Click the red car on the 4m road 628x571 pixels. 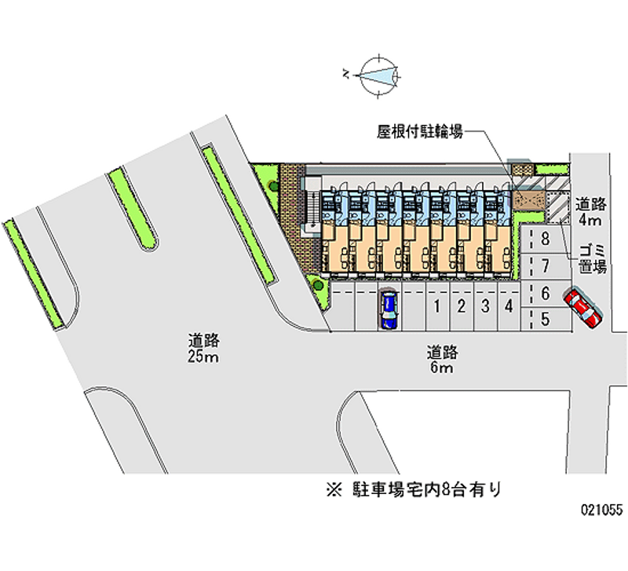[582, 307]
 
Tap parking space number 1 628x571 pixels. [438, 306]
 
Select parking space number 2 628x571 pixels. [462, 306]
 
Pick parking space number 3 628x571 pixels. [485, 306]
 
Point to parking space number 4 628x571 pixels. [509, 306]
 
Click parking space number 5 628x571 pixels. [546, 320]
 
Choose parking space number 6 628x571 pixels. [546, 294]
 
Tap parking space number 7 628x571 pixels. [546, 266]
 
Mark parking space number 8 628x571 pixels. [546, 240]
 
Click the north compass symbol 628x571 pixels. [378, 75]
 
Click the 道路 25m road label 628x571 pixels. [203, 349]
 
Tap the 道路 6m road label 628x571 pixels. [442, 360]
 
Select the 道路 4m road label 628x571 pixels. [591, 212]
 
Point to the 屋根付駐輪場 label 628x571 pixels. [420, 131]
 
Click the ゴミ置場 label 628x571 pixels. [593, 259]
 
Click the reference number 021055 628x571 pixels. [602, 510]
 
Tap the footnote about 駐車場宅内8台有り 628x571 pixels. [414, 489]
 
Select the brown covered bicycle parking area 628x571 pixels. [529, 200]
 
